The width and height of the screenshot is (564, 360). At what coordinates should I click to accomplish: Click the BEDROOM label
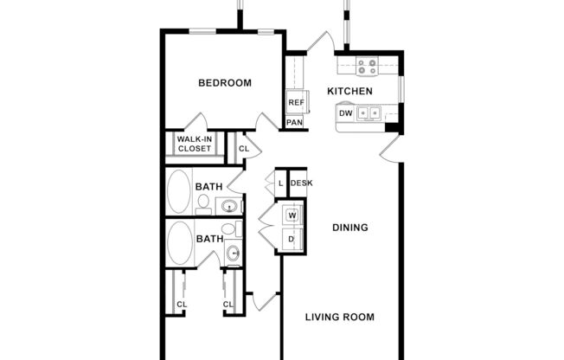225,83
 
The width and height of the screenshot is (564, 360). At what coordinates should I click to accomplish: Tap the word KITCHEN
349,91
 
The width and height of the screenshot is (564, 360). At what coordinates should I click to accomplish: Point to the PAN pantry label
295,123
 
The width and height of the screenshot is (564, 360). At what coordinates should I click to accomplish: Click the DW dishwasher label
345,113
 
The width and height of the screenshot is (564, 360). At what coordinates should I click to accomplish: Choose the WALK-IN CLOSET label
194,144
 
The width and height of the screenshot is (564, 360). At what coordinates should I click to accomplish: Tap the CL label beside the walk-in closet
244,148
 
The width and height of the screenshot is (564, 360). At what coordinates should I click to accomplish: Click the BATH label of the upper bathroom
208,186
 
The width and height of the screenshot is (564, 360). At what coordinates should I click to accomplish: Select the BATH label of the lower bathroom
208,239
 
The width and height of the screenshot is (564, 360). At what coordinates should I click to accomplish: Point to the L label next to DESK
280,183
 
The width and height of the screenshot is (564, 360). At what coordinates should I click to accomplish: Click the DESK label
301,183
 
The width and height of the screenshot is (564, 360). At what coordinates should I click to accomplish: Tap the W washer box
292,215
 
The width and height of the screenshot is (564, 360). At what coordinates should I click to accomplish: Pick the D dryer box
292,239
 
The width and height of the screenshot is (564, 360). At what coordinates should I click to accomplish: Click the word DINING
351,228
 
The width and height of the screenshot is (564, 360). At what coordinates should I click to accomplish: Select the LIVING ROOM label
340,317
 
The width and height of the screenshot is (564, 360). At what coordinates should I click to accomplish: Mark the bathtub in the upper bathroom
179,191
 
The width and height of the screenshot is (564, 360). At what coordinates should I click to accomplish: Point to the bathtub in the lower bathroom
179,243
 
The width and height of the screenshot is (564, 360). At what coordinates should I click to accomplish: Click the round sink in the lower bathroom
232,253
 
